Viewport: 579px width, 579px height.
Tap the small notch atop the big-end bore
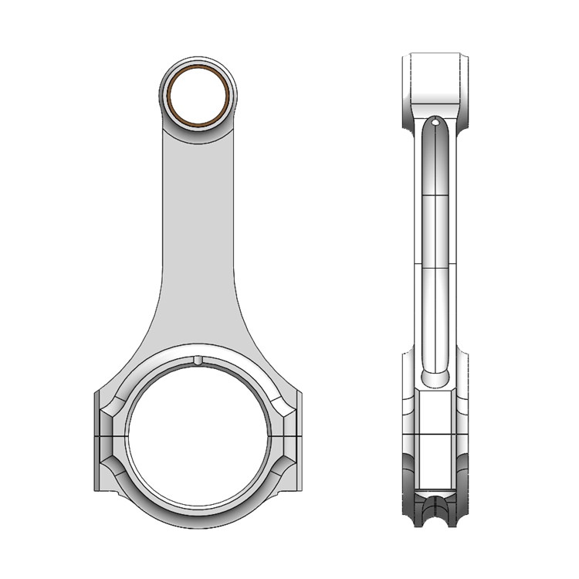(x=198, y=360)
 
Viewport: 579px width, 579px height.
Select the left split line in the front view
(x=108, y=438)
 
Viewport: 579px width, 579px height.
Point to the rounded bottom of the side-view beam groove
(x=435, y=378)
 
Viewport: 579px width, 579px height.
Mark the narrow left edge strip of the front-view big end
(x=96, y=438)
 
